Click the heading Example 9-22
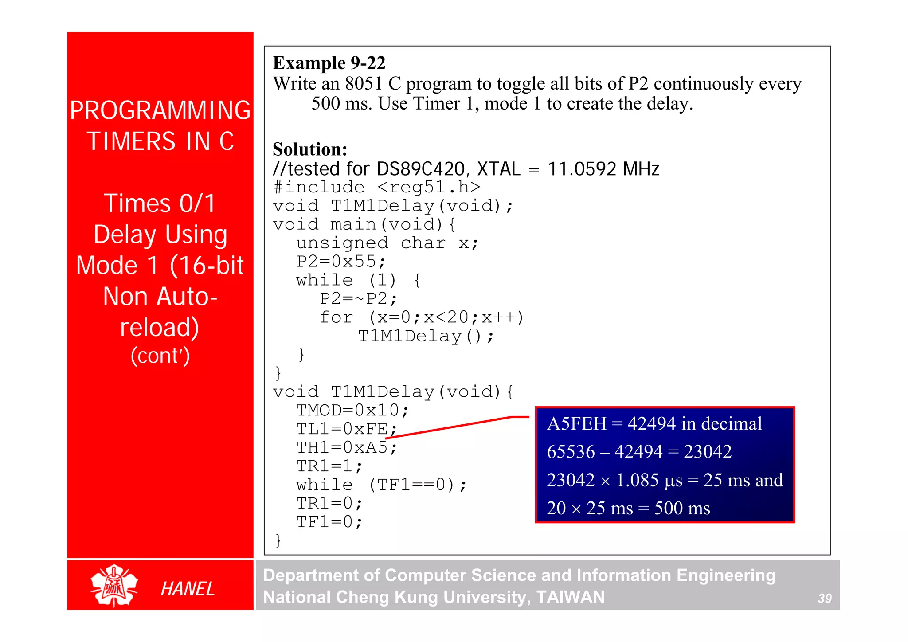(x=329, y=63)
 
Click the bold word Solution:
(x=310, y=149)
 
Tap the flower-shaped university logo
(x=114, y=585)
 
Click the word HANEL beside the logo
(x=188, y=589)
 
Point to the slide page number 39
(x=824, y=599)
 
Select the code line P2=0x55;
(x=341, y=262)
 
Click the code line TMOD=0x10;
(x=352, y=411)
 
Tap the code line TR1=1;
(x=329, y=466)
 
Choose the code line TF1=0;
(x=329, y=522)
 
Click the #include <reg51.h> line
(x=377, y=187)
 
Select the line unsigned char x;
(x=387, y=243)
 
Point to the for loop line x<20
(x=421, y=317)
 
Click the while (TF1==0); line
(x=381, y=485)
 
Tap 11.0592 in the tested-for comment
(x=582, y=169)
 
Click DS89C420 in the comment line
(x=420, y=169)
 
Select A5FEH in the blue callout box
(x=576, y=424)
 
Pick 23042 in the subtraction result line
(x=707, y=452)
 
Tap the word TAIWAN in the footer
(x=570, y=597)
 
